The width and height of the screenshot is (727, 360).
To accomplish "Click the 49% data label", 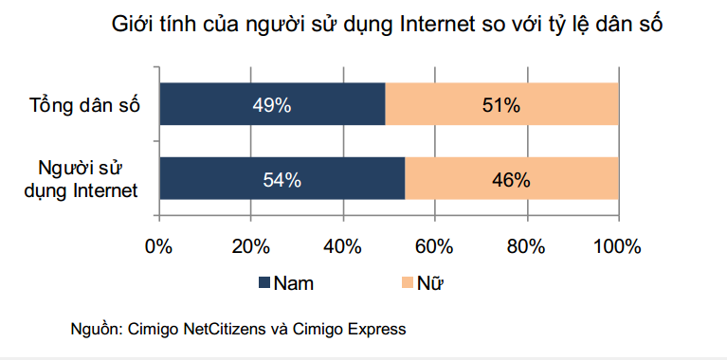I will click(271, 105).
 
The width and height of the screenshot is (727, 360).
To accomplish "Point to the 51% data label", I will click(501, 105).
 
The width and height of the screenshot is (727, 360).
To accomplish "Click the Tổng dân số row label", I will click(85, 105).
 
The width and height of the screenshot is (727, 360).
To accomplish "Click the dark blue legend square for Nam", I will click(264, 282).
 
